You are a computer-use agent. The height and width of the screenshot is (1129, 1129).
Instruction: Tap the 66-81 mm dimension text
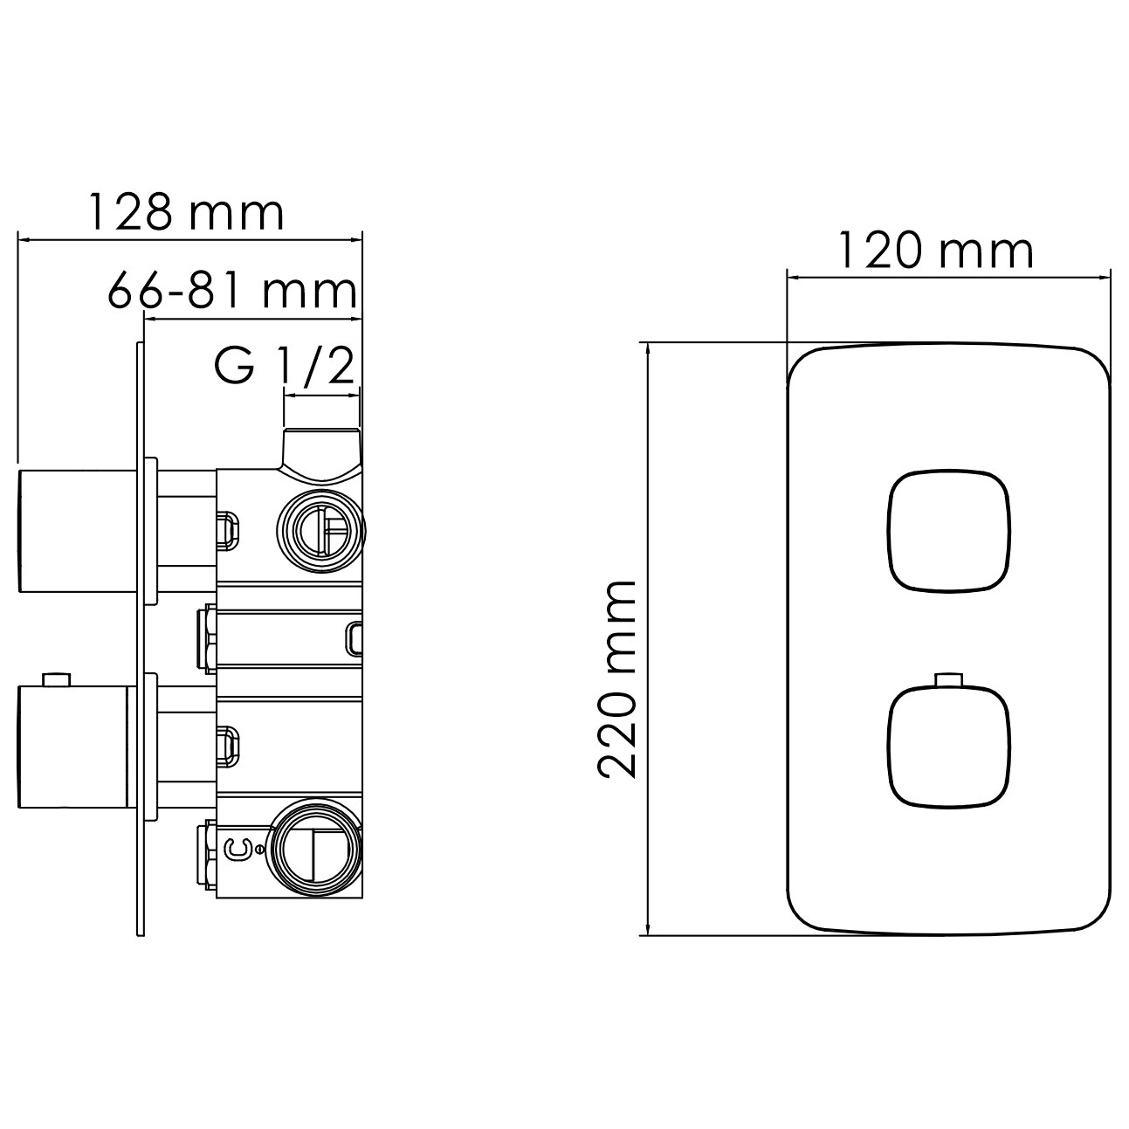pos(232,290)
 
